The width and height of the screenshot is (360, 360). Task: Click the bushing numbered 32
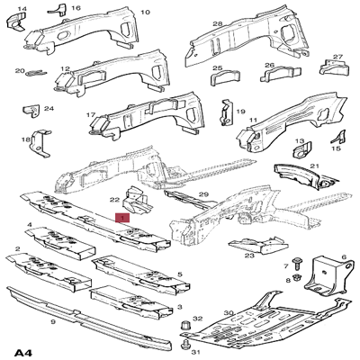184,323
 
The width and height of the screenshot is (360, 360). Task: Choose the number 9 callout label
53,320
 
